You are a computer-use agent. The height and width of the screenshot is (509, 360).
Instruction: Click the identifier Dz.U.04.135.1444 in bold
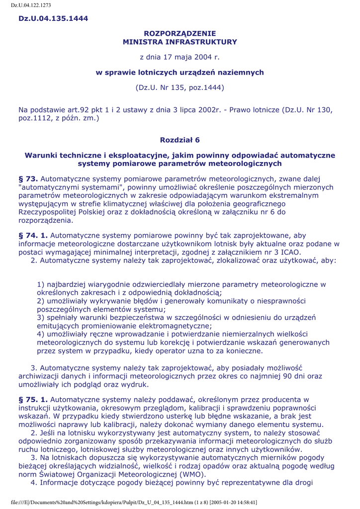53,18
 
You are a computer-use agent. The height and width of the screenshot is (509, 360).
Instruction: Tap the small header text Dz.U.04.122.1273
31,5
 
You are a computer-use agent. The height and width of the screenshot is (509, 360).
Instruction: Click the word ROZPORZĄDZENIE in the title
180,33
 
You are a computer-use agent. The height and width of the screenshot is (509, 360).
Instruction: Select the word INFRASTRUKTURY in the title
201,42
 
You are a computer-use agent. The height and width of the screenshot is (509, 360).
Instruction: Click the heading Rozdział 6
180,140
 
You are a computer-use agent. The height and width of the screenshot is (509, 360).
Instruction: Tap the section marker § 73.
28,178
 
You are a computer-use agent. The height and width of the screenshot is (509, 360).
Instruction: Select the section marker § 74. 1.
33,235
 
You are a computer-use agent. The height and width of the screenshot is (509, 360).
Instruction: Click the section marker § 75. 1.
33,399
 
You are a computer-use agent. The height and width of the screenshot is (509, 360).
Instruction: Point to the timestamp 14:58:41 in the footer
243,503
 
